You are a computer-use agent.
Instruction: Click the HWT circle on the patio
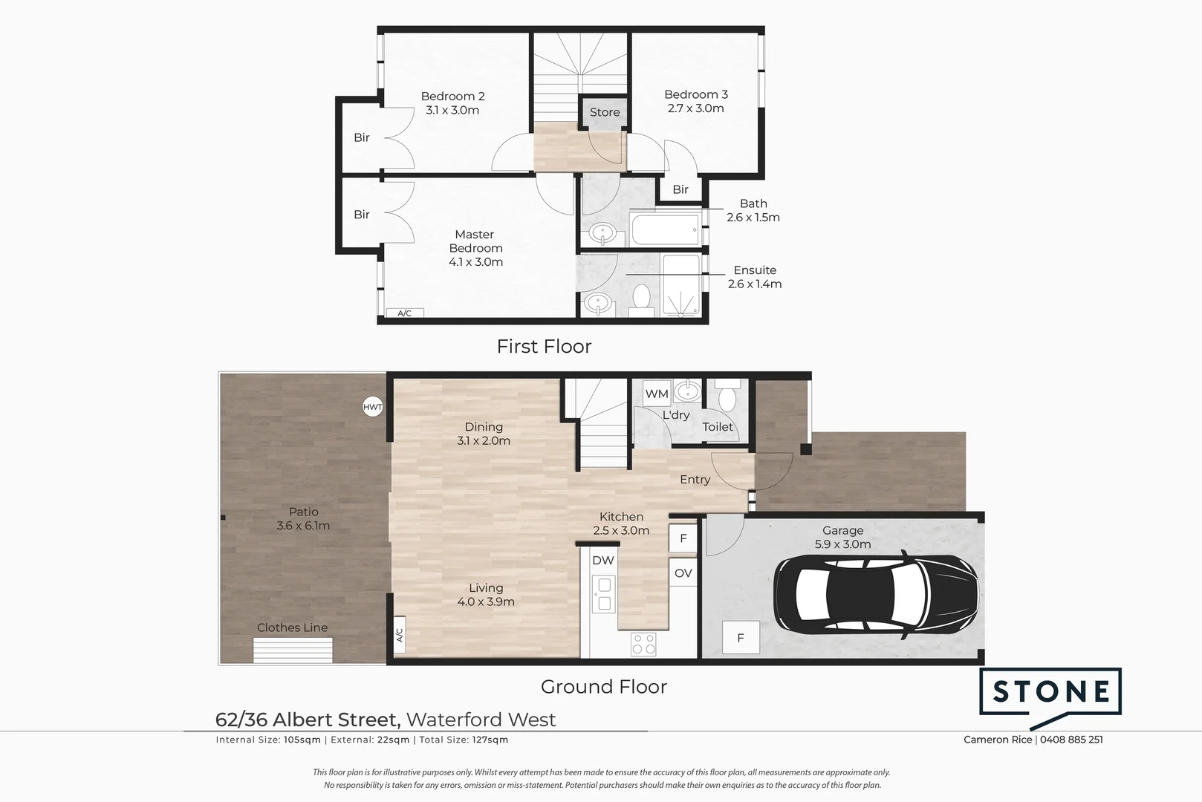pyautogui.click(x=373, y=407)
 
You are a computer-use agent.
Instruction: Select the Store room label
pyautogui.click(x=605, y=112)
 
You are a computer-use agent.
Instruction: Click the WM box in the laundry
pyautogui.click(x=657, y=394)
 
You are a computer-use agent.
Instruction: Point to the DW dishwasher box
pyautogui.click(x=603, y=561)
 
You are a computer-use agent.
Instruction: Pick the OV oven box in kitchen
pyautogui.click(x=683, y=573)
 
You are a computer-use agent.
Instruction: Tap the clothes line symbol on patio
pyautogui.click(x=293, y=651)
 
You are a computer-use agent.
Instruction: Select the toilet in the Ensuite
pyautogui.click(x=641, y=299)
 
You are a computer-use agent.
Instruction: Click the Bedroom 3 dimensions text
pyautogui.click(x=695, y=108)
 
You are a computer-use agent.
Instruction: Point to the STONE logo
pyautogui.click(x=1050, y=693)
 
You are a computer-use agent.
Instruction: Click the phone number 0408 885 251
pyautogui.click(x=1071, y=740)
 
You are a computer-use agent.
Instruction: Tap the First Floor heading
pyautogui.click(x=544, y=346)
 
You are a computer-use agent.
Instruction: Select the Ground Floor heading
pyautogui.click(x=603, y=687)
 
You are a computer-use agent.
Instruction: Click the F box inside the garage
pyautogui.click(x=741, y=639)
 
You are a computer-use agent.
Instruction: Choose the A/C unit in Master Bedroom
pyautogui.click(x=404, y=313)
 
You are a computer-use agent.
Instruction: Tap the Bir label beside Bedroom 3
pyautogui.click(x=680, y=189)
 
